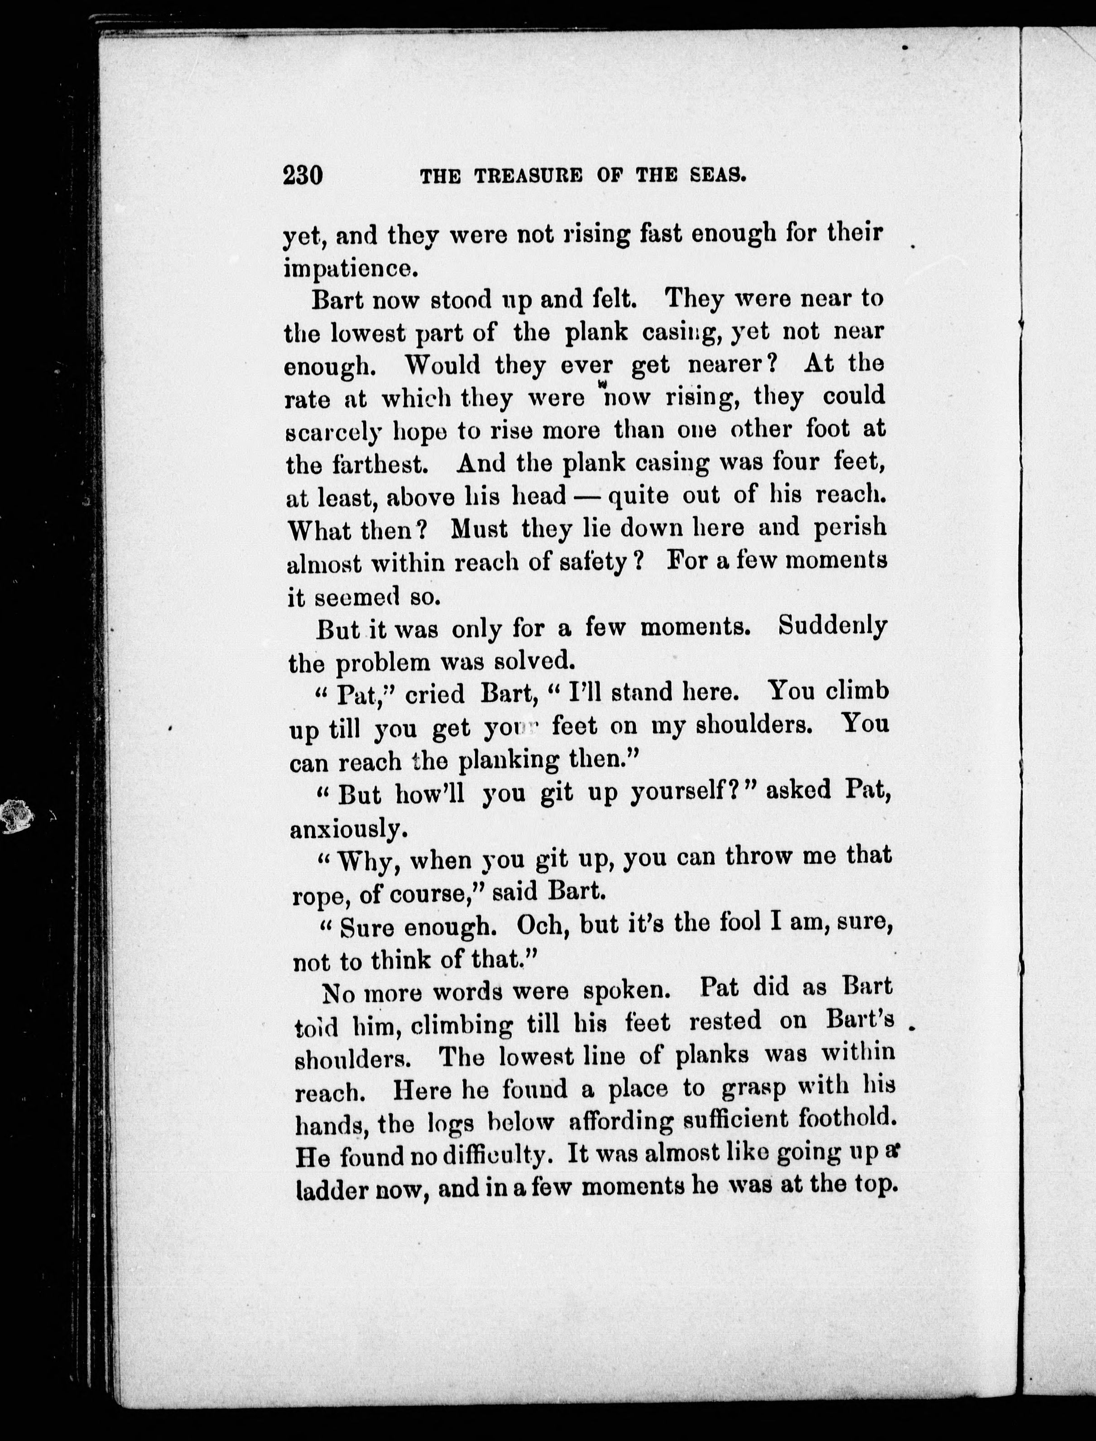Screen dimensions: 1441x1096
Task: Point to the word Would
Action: (444, 364)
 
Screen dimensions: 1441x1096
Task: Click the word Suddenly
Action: (832, 627)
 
